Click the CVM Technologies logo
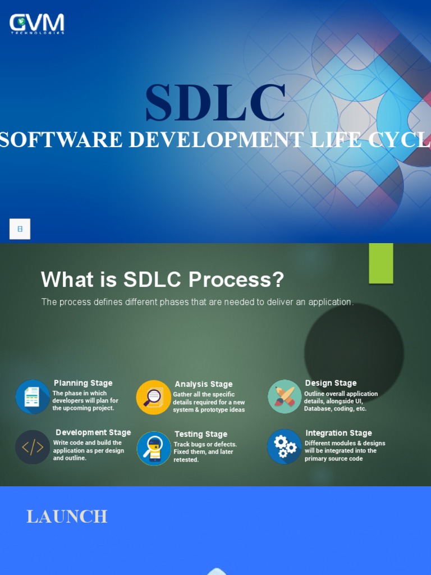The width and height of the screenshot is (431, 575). [37, 24]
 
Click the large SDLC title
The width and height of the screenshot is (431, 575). [215, 103]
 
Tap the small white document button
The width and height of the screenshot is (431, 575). [20, 229]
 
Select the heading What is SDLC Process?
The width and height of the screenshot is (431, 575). [162, 279]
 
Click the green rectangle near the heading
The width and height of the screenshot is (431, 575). [380, 263]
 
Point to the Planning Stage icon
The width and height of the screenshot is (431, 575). [33, 397]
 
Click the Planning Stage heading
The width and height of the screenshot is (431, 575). [83, 383]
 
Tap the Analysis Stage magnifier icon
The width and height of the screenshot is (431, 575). [153, 398]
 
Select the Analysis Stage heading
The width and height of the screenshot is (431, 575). [203, 384]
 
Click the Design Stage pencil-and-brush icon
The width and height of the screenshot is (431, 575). [285, 396]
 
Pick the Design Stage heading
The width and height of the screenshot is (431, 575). [331, 383]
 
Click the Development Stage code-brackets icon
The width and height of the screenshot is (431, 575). [33, 447]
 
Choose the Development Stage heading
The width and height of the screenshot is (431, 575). [93, 432]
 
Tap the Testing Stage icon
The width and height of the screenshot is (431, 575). [154, 448]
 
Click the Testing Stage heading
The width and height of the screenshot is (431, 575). [201, 434]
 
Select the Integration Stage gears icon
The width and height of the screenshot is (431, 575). [285, 447]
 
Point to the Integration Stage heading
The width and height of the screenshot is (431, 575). [338, 433]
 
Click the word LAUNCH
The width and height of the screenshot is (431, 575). [67, 517]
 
